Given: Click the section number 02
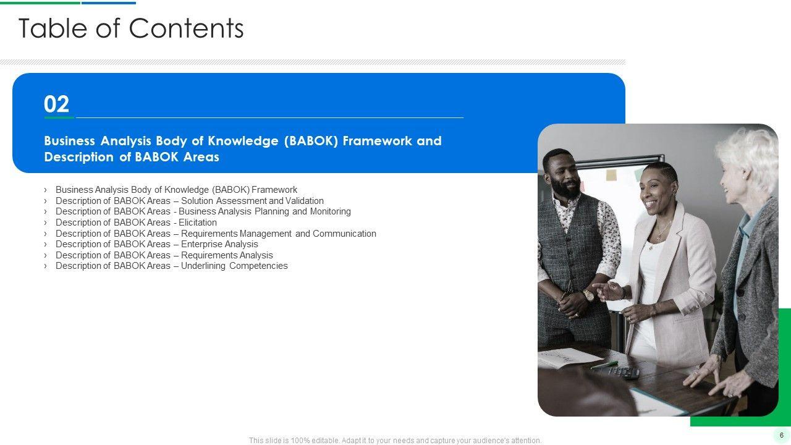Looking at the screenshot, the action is coord(56,104).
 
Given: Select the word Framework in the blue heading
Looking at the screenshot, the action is coord(377,140).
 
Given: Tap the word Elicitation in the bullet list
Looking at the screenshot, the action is coord(198,222).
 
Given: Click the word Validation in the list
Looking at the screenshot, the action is coord(305,201).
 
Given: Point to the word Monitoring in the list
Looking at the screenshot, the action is coord(331,211).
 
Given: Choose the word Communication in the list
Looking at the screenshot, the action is coord(344,234).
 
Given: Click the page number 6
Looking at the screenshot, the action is coord(782,435).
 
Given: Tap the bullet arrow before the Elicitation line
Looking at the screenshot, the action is coord(45,222).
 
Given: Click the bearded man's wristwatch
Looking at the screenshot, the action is coord(588,295).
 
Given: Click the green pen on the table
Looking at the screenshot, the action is coord(604,365).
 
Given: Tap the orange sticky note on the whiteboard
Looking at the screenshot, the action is coord(611,175).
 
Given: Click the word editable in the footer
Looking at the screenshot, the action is coord(324,441).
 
